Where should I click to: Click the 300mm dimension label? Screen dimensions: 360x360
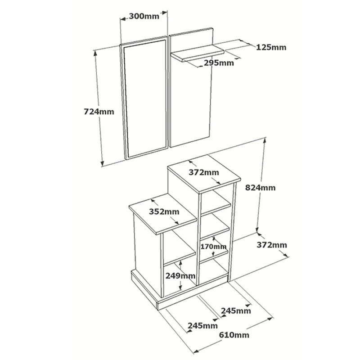click(x=144, y=16)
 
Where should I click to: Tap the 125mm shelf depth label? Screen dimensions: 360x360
click(x=271, y=47)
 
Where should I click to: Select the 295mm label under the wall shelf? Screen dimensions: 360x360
click(x=219, y=63)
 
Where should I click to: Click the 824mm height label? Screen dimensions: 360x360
click(x=260, y=188)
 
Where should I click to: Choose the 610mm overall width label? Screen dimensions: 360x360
click(x=234, y=335)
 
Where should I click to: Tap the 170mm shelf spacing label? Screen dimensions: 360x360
click(x=214, y=247)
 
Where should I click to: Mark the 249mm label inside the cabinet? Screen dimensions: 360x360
click(x=180, y=275)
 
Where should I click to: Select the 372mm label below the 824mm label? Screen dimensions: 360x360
click(x=271, y=245)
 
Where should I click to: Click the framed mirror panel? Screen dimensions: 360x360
click(x=144, y=97)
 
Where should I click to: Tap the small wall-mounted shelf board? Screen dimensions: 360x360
click(x=198, y=53)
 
